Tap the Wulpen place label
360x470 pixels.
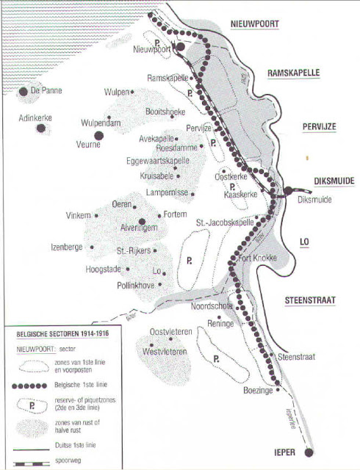pyautogui.click(x=115, y=93)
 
